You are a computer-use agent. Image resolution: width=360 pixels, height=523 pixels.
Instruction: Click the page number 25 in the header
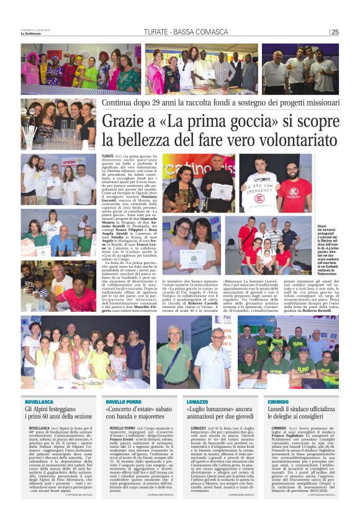335,32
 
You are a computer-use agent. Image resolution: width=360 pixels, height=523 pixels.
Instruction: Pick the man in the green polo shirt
176,358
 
